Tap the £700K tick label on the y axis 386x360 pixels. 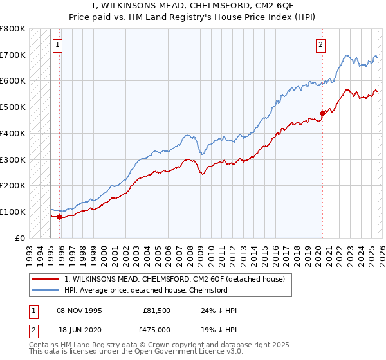coord(13,55)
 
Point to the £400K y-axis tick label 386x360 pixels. coord(13,134)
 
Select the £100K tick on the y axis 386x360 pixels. coord(13,212)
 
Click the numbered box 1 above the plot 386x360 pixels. coord(59,45)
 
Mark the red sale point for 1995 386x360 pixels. coord(59,217)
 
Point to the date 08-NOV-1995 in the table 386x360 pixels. coord(80,310)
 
